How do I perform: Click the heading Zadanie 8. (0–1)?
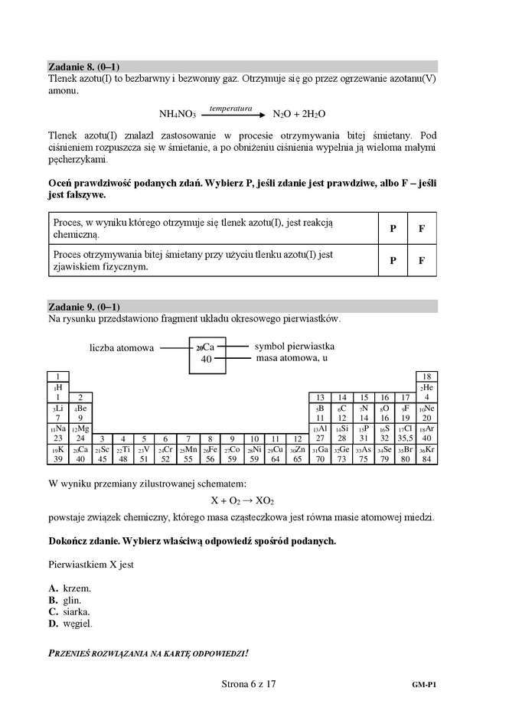click(x=84, y=67)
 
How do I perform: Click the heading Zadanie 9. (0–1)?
click(x=84, y=306)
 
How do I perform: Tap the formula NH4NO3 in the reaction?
click(x=178, y=114)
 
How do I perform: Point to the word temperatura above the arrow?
click(x=230, y=109)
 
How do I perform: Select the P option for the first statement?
click(x=393, y=229)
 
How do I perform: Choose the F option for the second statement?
click(x=421, y=260)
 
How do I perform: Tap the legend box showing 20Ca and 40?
click(x=207, y=353)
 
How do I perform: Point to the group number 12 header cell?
click(x=297, y=438)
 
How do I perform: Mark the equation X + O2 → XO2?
click(x=242, y=500)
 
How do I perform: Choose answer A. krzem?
click(x=70, y=588)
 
